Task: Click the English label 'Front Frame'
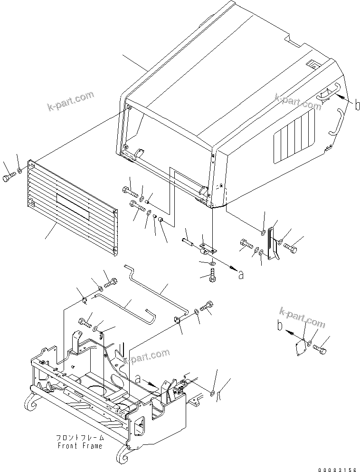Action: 80,446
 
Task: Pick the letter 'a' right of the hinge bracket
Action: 241,274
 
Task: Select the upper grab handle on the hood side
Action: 323,93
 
